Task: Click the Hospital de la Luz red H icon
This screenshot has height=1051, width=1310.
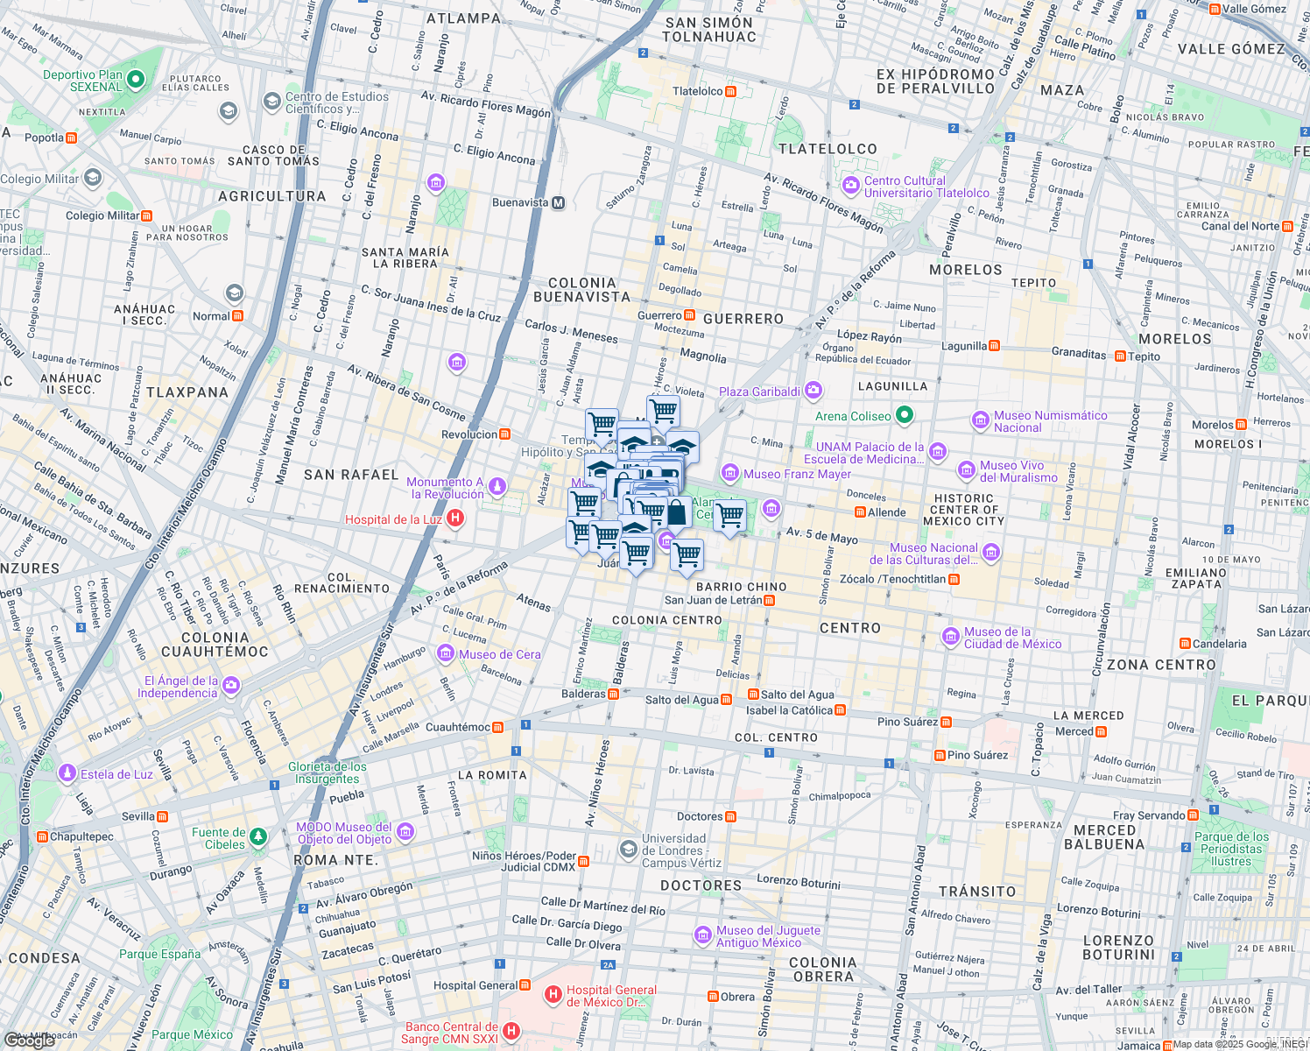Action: (x=454, y=518)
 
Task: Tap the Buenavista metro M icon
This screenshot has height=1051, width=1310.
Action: (x=558, y=202)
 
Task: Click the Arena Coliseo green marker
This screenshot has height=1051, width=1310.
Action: (x=905, y=415)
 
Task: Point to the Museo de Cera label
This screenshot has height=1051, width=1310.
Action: (x=499, y=654)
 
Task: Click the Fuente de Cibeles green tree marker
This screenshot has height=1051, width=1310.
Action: (x=257, y=838)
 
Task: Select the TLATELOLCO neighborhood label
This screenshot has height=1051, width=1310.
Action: (x=828, y=149)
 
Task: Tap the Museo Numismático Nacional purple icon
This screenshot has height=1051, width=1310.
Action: (x=981, y=421)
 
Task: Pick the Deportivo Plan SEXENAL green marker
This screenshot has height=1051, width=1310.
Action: (x=135, y=80)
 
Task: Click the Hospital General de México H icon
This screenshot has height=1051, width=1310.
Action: (x=553, y=995)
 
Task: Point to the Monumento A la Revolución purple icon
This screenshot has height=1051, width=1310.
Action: (x=497, y=487)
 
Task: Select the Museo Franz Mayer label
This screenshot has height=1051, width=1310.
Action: (x=797, y=474)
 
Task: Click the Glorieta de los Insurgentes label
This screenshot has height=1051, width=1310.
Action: (x=327, y=772)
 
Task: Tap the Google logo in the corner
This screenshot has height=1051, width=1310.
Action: (x=30, y=1040)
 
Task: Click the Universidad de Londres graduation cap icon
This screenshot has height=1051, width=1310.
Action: (x=628, y=850)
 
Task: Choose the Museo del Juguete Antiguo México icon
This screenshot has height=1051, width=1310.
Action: (x=702, y=935)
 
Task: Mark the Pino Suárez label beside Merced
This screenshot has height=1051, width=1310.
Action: (x=977, y=755)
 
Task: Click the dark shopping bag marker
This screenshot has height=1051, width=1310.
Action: (x=676, y=511)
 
